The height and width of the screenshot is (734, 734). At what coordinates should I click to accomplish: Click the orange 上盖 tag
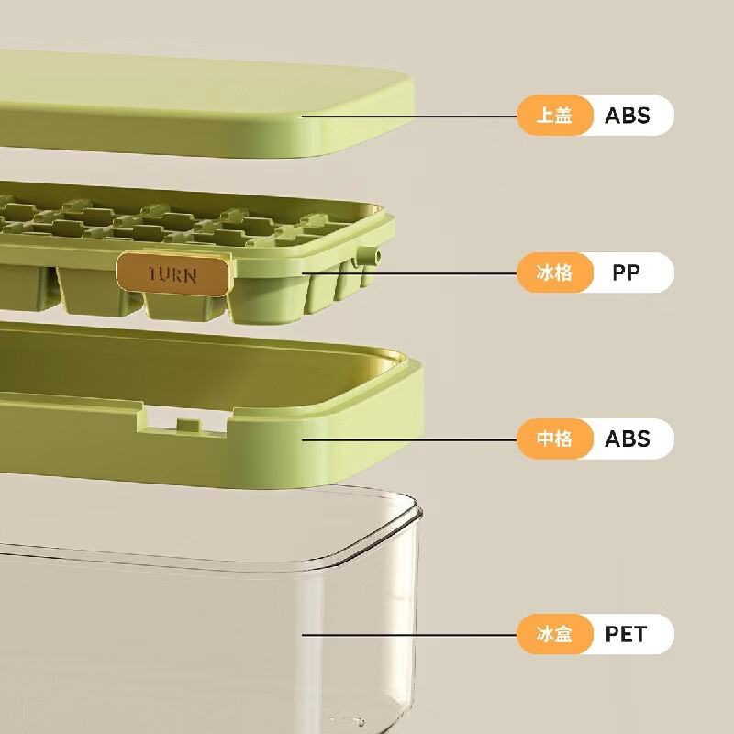pos(554,116)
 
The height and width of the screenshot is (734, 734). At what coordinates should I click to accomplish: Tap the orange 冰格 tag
pos(554,273)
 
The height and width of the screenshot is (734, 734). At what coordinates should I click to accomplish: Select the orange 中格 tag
pos(554,439)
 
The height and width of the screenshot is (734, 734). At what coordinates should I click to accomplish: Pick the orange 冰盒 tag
pos(554,634)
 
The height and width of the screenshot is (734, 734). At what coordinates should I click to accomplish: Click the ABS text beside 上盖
pos(628,116)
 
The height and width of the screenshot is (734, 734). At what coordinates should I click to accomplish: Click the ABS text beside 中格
pos(628,439)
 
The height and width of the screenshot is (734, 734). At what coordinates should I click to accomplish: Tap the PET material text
pos(626,634)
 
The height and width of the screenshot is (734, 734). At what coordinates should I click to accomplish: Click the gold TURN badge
pos(174,274)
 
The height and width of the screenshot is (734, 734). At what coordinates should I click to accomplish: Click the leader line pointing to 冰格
pos(413,273)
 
